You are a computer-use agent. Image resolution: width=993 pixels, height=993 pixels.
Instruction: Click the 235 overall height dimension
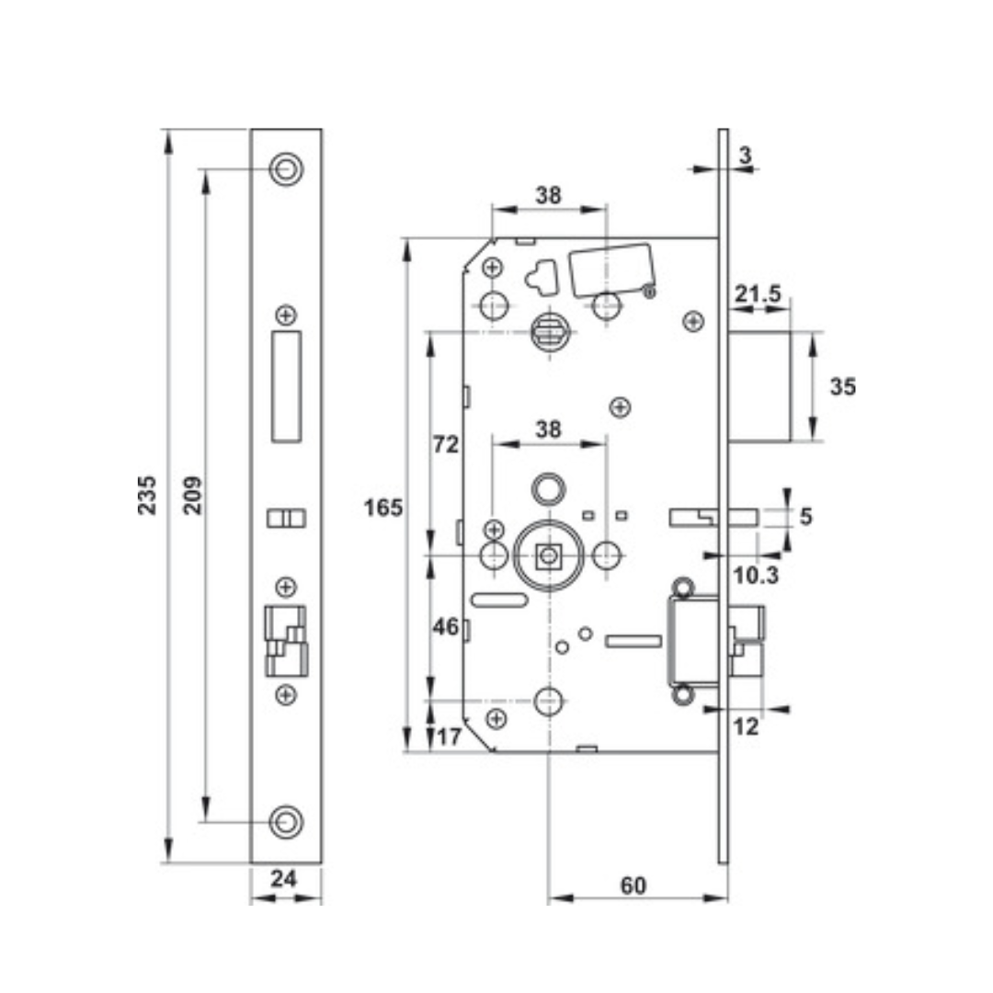147,495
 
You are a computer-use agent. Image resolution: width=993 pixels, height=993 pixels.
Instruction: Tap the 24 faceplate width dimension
285,879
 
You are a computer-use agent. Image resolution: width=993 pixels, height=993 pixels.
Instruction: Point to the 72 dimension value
446,445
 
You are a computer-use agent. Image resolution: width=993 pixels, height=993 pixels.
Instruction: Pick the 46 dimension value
446,627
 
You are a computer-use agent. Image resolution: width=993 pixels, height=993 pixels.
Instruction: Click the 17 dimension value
450,736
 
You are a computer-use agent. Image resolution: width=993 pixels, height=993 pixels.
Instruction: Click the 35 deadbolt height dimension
842,387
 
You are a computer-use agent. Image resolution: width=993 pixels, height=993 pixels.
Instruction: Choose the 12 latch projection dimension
746,727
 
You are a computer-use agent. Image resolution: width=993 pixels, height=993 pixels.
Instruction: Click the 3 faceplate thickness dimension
745,155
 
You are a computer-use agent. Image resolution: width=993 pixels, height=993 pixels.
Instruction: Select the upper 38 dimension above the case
548,195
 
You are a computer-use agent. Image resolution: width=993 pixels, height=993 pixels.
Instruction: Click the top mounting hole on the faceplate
286,169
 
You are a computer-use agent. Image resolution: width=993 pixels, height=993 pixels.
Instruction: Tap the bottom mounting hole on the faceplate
286,821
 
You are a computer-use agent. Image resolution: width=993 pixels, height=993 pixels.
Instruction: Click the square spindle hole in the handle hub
548,555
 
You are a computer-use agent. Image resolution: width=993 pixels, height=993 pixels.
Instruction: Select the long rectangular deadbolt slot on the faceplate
286,386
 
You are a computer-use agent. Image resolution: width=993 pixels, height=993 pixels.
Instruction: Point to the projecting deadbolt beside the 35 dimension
759,387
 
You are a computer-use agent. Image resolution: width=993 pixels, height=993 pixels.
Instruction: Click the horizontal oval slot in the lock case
498,600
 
